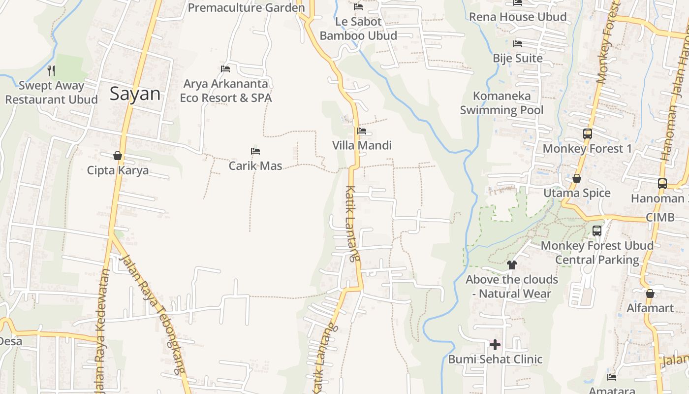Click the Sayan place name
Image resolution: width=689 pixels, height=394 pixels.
pyautogui.click(x=135, y=94)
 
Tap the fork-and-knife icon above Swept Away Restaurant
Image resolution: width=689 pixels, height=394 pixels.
pyautogui.click(x=51, y=71)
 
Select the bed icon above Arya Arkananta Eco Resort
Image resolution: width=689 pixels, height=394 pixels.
pyautogui.click(x=225, y=69)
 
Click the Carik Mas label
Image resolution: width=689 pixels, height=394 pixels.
pyautogui.click(x=255, y=166)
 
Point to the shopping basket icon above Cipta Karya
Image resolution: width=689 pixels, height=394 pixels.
pyautogui.click(x=118, y=156)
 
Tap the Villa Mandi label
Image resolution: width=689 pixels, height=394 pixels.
pyautogui.click(x=362, y=145)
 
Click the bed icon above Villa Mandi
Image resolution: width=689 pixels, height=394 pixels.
pyautogui.click(x=362, y=131)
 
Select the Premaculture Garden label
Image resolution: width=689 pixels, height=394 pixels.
pyautogui.click(x=246, y=8)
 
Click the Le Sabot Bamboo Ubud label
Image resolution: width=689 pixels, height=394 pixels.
pyautogui.click(x=358, y=29)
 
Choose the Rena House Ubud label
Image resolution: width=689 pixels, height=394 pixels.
pyautogui.click(x=518, y=17)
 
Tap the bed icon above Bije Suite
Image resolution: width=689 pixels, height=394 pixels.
pyautogui.click(x=518, y=44)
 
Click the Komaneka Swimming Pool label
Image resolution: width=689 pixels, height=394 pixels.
pyautogui.click(x=501, y=102)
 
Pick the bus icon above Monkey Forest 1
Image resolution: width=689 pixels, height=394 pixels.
pyautogui.click(x=587, y=133)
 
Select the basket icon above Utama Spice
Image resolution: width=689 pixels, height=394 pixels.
pyautogui.click(x=577, y=178)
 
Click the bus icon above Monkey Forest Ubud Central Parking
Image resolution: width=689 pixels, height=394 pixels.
pyautogui.click(x=597, y=230)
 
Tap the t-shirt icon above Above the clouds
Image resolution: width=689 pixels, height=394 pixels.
pyautogui.click(x=512, y=265)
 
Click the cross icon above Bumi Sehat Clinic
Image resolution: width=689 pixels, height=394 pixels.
pyautogui.click(x=495, y=344)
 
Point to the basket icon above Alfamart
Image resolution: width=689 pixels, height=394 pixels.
pyautogui.click(x=650, y=294)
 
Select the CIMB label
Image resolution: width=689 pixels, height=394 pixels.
pyautogui.click(x=660, y=217)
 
